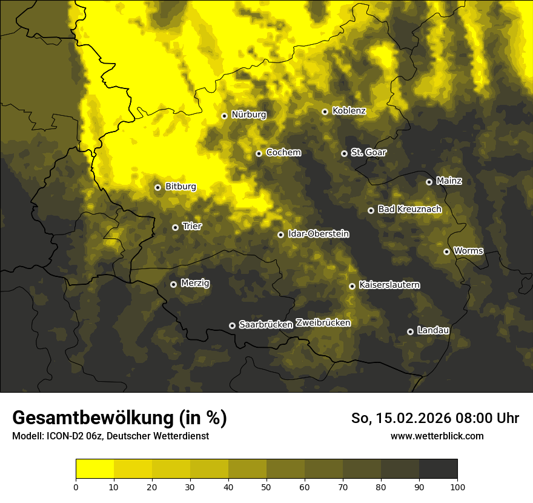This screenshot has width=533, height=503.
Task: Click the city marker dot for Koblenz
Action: click(325, 112)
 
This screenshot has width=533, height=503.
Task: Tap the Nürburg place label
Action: click(248, 115)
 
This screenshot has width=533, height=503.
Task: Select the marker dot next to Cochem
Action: click(259, 153)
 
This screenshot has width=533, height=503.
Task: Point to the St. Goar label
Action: click(368, 152)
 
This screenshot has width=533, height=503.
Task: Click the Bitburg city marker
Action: click(157, 187)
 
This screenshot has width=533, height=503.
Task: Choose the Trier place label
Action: click(192, 226)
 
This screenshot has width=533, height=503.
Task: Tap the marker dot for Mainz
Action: click(429, 182)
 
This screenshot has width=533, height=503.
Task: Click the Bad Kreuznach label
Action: click(409, 209)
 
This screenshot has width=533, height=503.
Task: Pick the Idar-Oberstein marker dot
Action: click(280, 235)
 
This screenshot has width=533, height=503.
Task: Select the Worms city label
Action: click(468, 250)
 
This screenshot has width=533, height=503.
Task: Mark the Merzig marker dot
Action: click(173, 284)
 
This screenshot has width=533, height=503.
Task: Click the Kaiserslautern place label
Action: click(389, 285)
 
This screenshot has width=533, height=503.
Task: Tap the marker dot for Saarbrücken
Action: click(232, 325)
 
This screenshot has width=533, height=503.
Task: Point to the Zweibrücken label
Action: click(323, 323)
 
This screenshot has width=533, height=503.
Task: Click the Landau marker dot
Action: click(410, 331)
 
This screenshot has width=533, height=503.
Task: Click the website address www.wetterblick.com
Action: click(437, 436)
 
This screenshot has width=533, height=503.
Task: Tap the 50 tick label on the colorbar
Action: click(266, 486)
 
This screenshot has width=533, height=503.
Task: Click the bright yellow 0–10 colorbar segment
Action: click(94, 468)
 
